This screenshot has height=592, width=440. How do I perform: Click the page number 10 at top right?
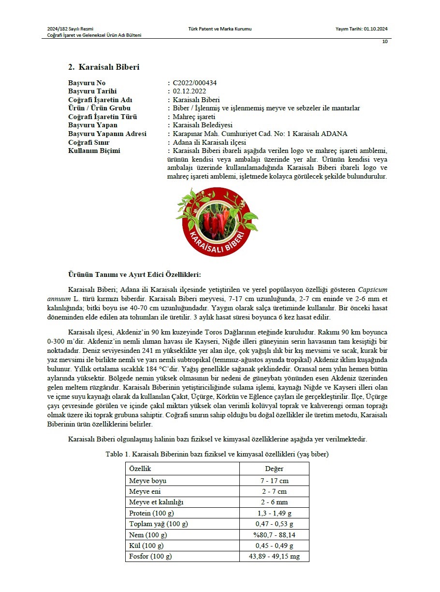pos(385,42)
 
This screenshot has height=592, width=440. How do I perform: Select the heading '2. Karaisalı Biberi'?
pos(103,67)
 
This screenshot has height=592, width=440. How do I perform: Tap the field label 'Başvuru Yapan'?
pos(93,125)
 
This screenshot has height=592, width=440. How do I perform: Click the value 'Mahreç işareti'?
pos(194,117)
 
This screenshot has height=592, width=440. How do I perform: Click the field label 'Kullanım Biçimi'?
pos(94,151)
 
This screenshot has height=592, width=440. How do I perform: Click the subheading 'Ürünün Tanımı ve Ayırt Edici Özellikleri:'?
pos(134,274)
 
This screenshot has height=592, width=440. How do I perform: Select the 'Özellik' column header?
pos(140,469)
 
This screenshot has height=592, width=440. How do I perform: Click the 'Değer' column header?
pos(274,469)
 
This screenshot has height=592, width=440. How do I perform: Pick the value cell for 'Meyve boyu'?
pos(274,481)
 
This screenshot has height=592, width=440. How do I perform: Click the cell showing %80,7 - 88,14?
pos(274,535)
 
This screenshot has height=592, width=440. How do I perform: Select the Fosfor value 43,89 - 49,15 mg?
pos(274,556)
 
